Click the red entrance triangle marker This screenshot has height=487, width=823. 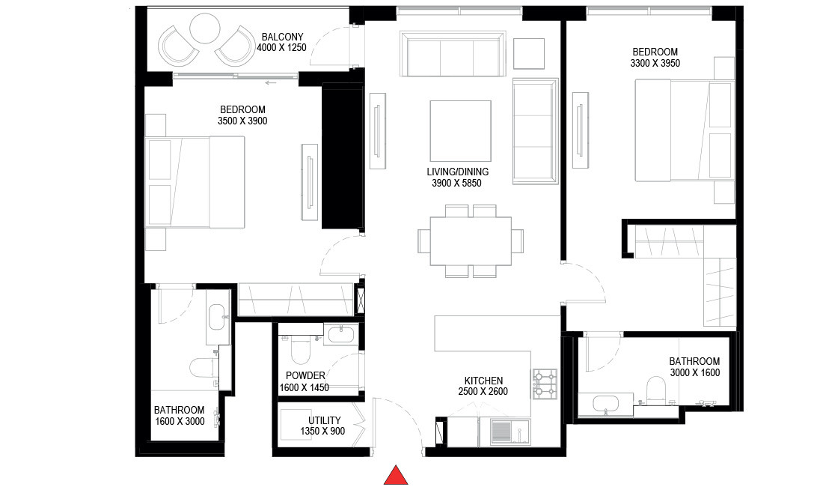(396, 476)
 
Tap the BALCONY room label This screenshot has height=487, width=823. (282, 37)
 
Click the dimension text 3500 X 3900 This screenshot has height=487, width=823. (242, 121)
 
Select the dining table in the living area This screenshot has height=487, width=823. (471, 241)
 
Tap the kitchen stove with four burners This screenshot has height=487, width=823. (546, 383)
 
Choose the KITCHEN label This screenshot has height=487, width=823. (483, 381)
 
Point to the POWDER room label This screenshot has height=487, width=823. (305, 376)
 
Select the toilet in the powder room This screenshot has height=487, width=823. (300, 351)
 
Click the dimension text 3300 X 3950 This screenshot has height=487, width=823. (655, 64)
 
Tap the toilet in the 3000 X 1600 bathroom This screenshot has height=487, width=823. (655, 388)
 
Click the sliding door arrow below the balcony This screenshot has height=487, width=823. (271, 83)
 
